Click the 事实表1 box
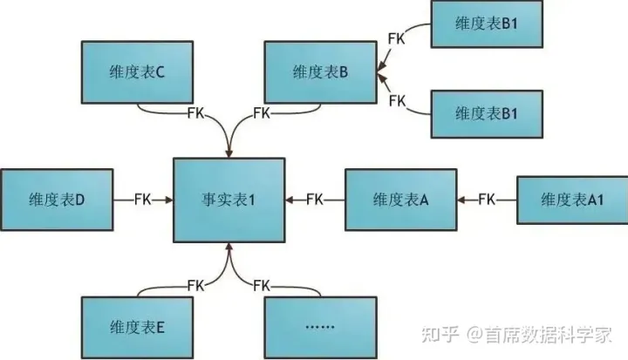click(x=229, y=200)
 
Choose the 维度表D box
click(x=56, y=200)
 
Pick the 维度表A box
click(x=399, y=200)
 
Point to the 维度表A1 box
click(x=572, y=200)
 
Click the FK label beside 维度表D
click(x=142, y=200)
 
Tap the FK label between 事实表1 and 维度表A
click(x=314, y=200)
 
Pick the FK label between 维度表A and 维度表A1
click(x=487, y=200)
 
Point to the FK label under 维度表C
click(x=198, y=112)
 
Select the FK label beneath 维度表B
click(x=260, y=112)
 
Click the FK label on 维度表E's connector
click(x=198, y=284)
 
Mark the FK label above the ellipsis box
click(x=260, y=284)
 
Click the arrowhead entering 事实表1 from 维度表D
click(x=168, y=200)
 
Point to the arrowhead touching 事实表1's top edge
click(x=229, y=153)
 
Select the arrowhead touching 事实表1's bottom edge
click(x=229, y=247)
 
